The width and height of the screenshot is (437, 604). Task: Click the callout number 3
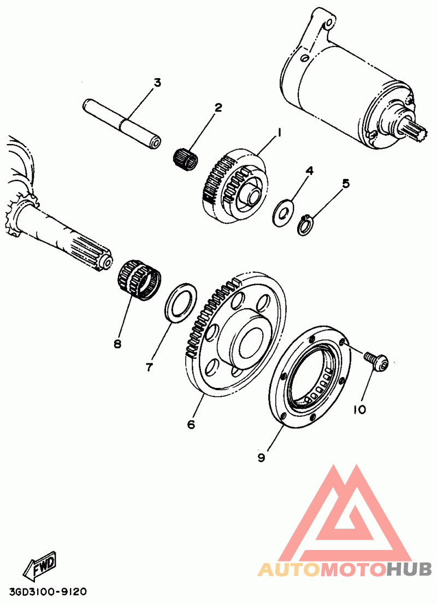[x=157, y=83]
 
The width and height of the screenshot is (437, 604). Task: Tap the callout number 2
[x=218, y=107]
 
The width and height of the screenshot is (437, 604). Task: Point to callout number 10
[x=359, y=409]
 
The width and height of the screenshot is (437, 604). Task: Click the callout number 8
[x=117, y=344]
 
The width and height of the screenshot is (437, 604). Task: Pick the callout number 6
[x=191, y=424]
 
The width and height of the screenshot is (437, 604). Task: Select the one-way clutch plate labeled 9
[x=309, y=376]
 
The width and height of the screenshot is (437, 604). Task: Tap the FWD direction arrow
[x=40, y=567]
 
